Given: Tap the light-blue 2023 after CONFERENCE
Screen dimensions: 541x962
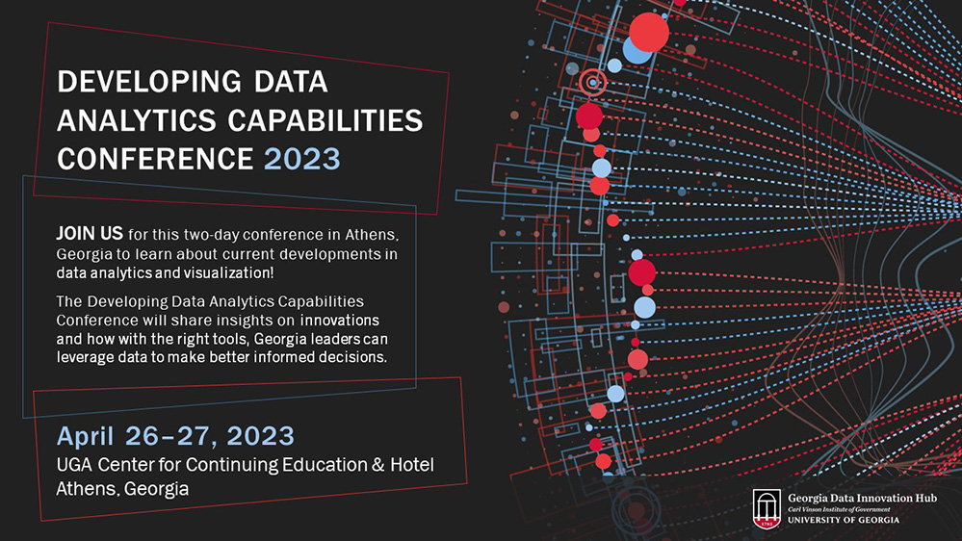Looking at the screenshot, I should pos(302,157).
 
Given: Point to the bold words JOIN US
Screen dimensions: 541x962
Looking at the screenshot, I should pos(90,234).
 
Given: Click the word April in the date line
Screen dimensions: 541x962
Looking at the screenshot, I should pos(86,435).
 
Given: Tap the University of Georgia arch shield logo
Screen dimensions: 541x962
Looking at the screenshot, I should pos(767,509).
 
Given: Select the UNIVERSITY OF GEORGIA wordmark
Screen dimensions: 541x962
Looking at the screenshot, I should pos(843,520).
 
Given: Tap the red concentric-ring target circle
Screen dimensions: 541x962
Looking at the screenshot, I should pos(593,84).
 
